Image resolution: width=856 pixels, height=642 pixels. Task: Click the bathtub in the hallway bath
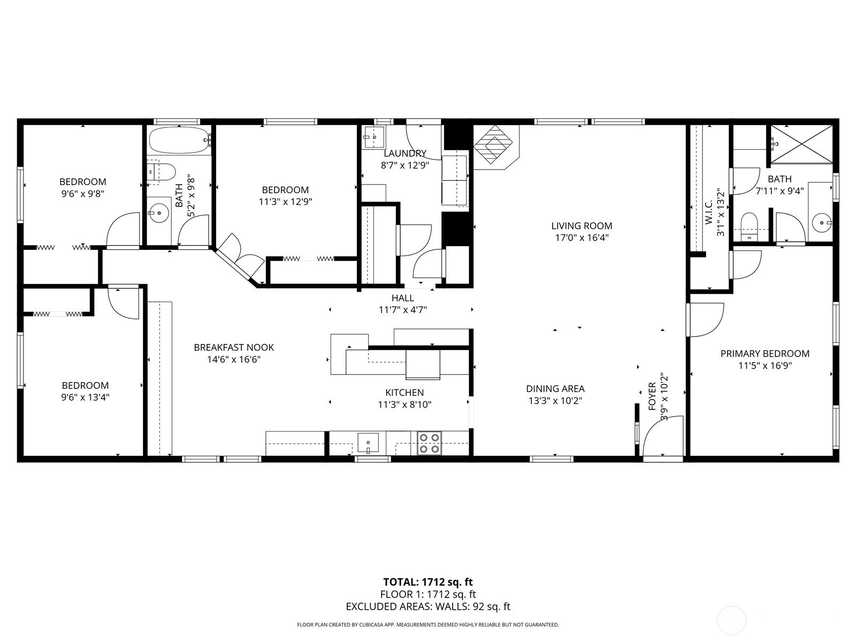(x=179, y=140)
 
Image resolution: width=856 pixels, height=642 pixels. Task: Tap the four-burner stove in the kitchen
(x=429, y=443)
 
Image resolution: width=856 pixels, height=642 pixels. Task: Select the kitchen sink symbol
(x=368, y=443)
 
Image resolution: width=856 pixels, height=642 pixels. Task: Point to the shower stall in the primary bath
(x=801, y=143)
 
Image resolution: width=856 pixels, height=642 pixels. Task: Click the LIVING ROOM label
(x=582, y=226)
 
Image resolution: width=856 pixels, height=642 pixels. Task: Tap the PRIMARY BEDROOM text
(x=765, y=354)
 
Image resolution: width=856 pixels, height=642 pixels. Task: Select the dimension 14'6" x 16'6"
(x=234, y=360)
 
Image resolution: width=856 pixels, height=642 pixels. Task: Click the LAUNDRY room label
(x=404, y=154)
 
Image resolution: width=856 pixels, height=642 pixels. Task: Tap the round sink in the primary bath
(x=821, y=222)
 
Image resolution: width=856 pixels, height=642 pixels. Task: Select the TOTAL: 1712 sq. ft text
(x=428, y=582)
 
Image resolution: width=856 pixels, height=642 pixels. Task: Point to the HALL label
(x=402, y=298)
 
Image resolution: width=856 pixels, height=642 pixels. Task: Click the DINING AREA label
(x=555, y=389)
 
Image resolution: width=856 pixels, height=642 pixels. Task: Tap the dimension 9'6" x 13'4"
(x=85, y=398)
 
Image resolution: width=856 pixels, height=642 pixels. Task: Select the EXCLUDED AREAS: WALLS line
(x=428, y=607)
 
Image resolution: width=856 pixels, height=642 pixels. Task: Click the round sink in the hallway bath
(x=159, y=213)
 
